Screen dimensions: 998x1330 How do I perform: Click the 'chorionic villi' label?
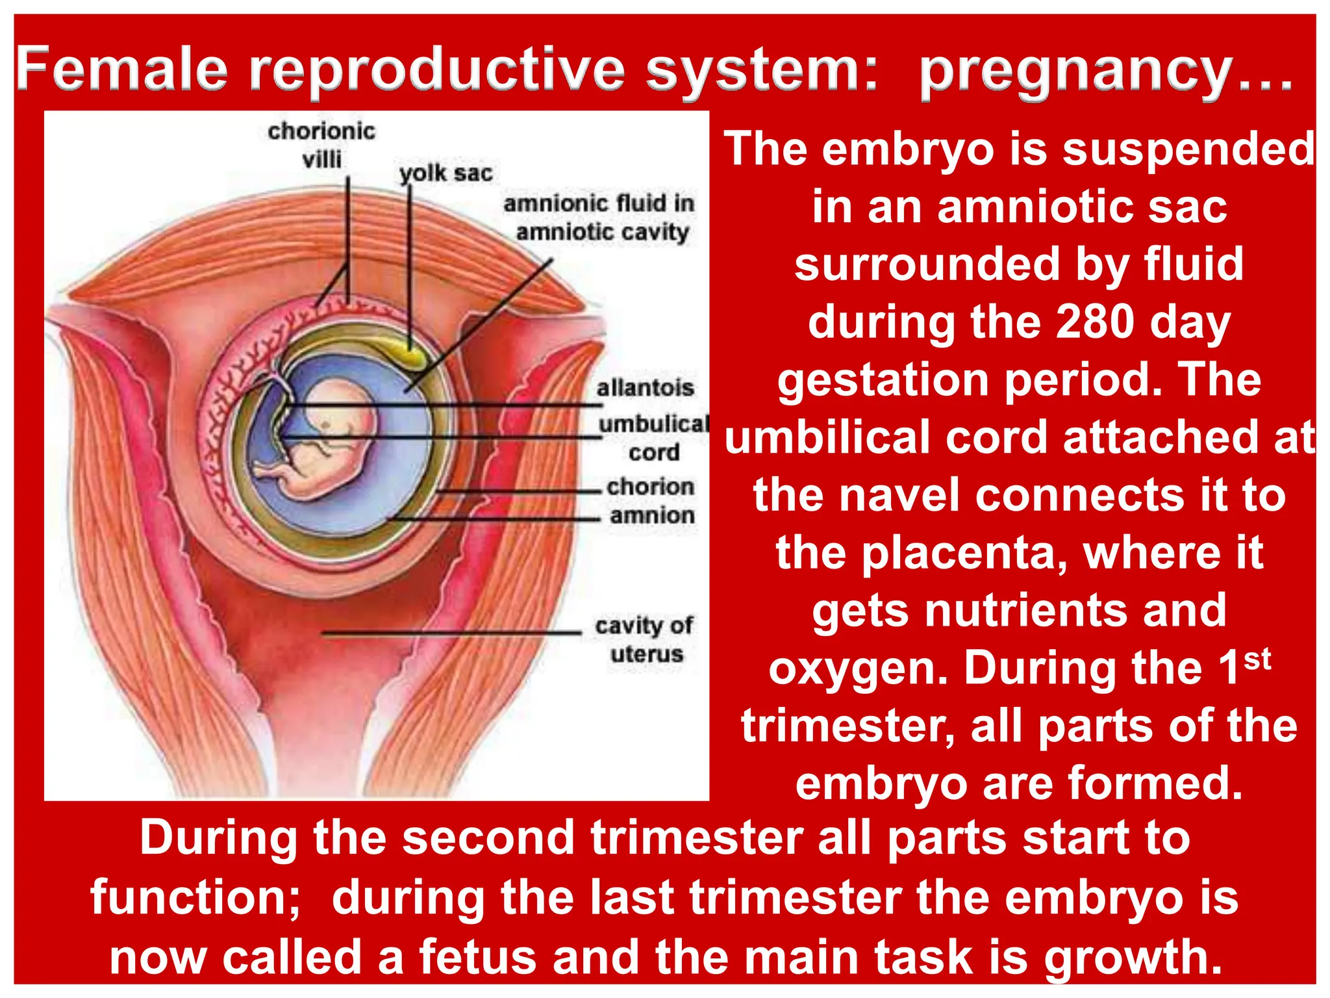coord(321,145)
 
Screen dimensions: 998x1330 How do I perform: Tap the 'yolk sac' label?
coord(446,173)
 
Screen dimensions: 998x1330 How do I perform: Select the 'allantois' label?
coord(645,388)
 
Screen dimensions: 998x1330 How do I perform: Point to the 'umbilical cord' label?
coord(653,437)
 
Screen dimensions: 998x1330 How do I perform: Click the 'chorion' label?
coord(650,487)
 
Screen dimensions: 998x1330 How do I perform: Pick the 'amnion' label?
coord(652,516)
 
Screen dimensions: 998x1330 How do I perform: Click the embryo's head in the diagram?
coord(341,416)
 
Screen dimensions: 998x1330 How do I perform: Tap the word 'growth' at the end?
coord(1132,957)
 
